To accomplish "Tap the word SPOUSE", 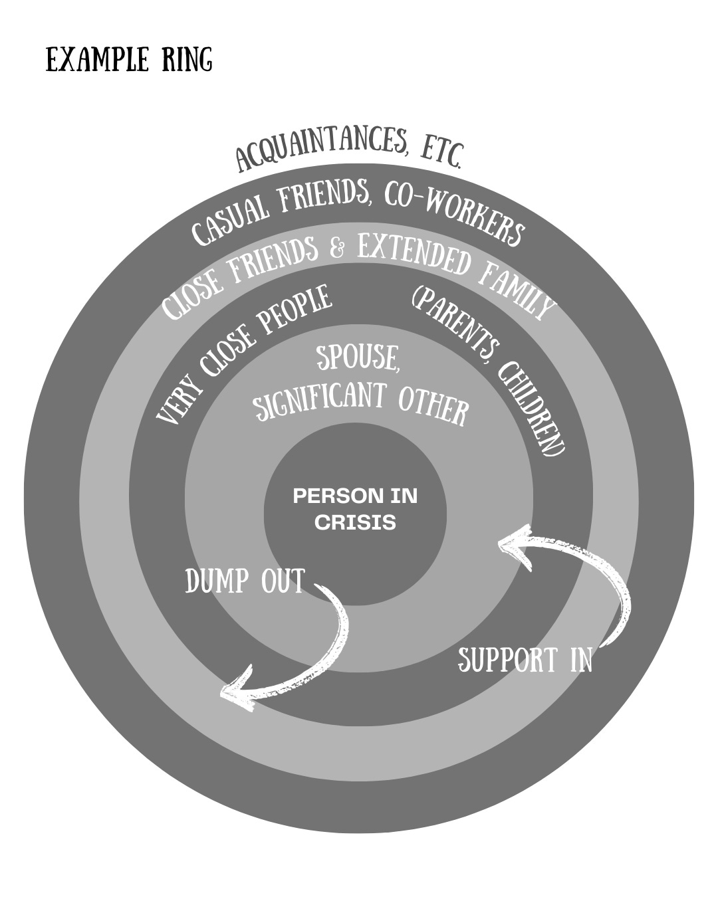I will pos(358,359).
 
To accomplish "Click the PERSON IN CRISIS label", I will pos(355,509).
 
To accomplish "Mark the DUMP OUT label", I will pos(245,582).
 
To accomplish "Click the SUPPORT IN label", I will pos(525,660).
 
